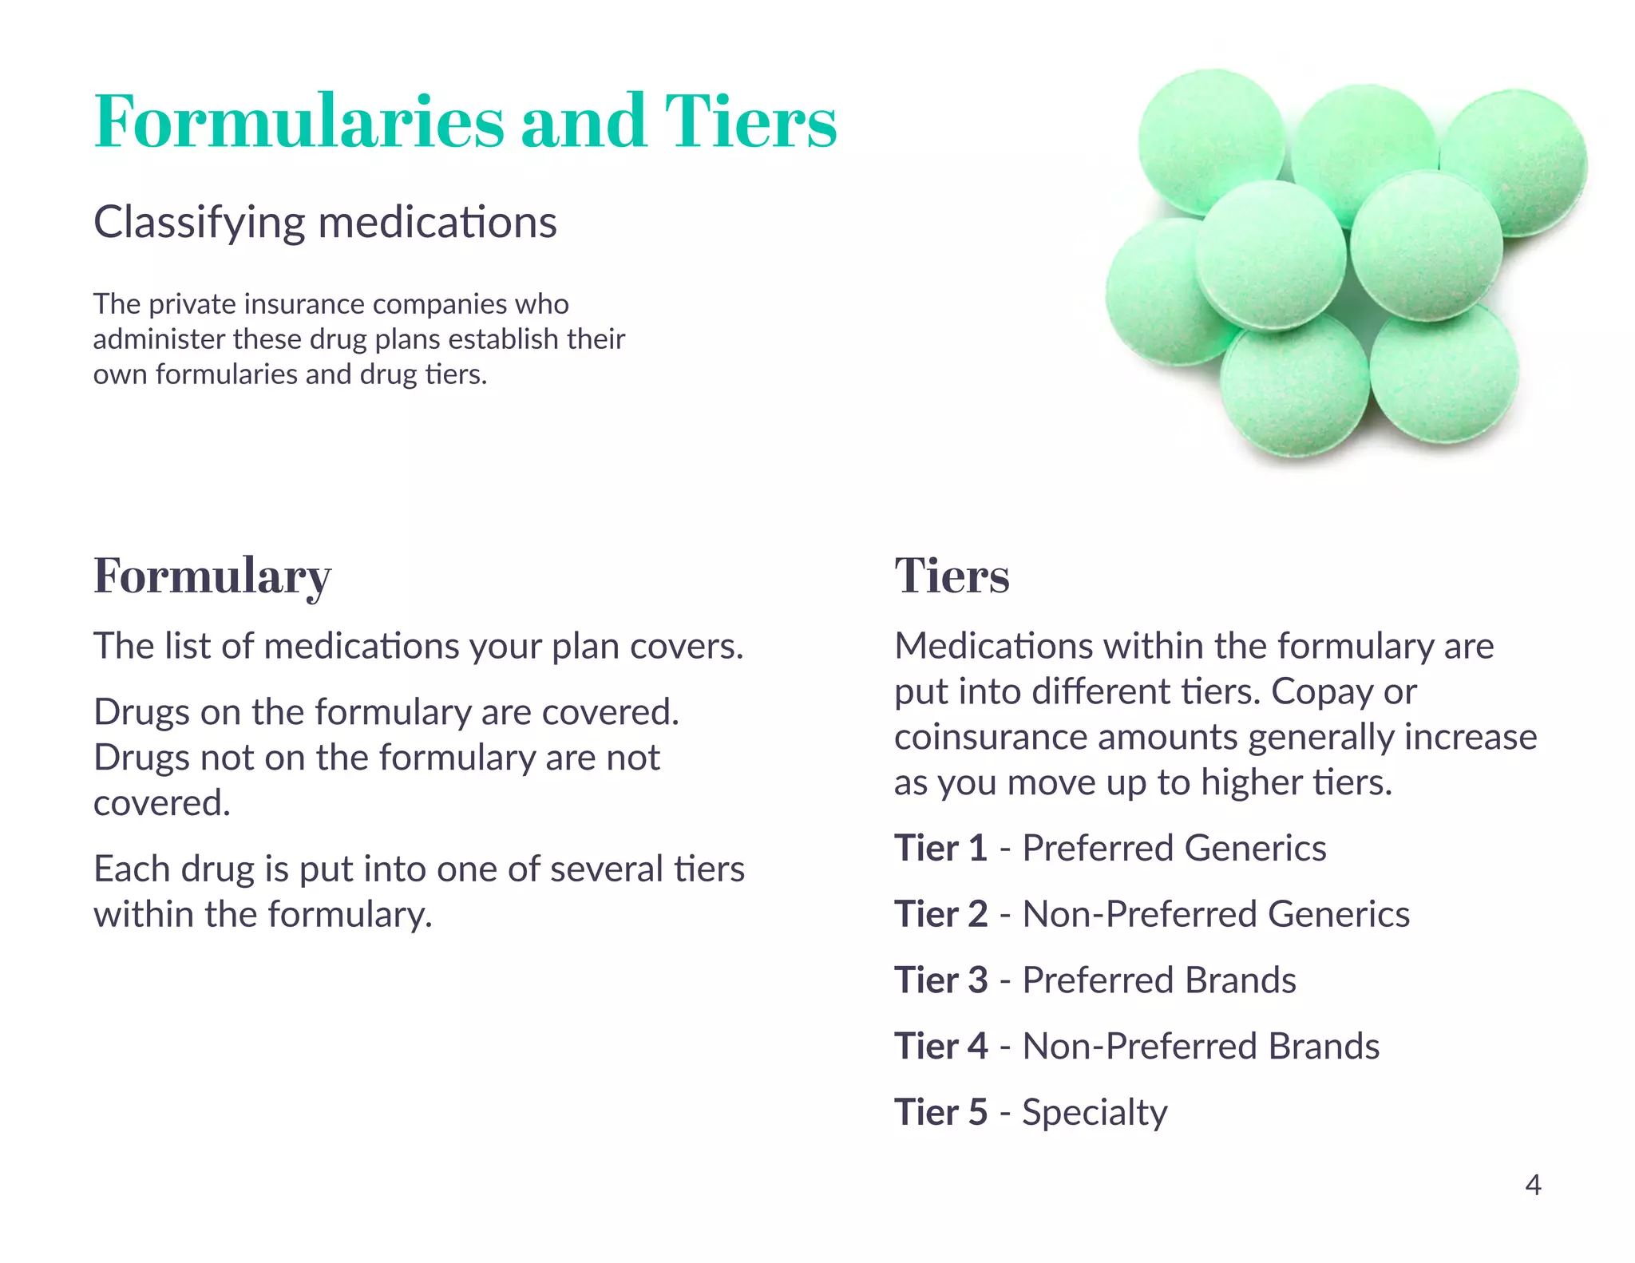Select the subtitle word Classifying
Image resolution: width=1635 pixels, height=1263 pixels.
point(199,222)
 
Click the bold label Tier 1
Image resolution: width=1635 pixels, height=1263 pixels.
point(940,848)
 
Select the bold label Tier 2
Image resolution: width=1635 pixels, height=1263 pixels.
point(940,914)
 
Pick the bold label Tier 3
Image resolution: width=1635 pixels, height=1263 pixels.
point(940,980)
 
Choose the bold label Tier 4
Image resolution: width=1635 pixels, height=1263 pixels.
point(940,1046)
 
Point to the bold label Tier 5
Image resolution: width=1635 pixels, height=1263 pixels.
point(940,1112)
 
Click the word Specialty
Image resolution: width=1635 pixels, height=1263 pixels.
point(1095,1113)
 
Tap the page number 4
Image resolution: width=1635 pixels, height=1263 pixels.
point(1532,1185)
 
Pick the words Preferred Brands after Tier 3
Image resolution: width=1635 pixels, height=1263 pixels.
point(1159,980)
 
